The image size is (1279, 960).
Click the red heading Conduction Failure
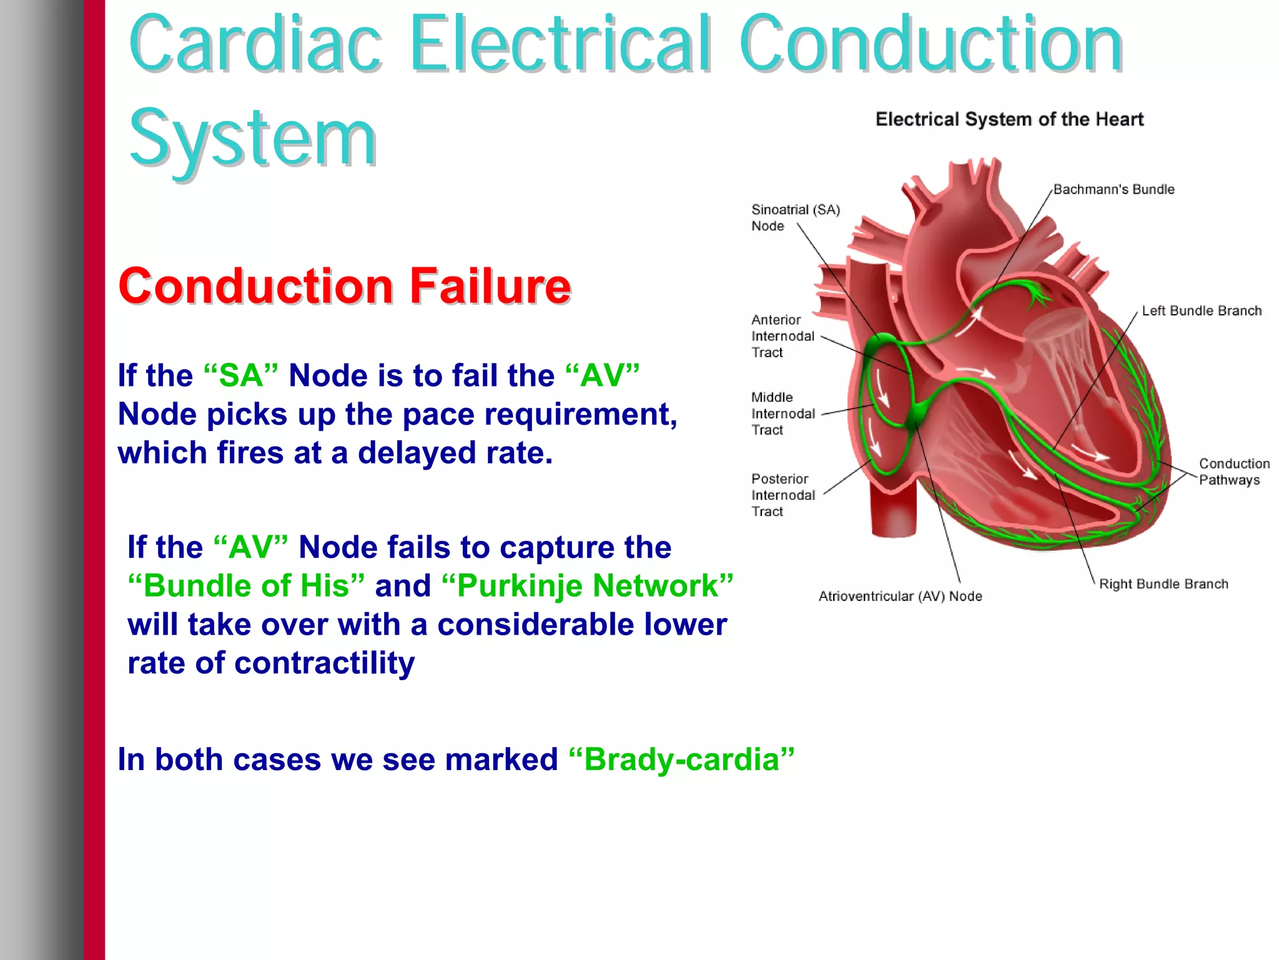pyautogui.click(x=344, y=286)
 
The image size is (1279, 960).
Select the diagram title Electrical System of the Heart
pyautogui.click(x=1009, y=119)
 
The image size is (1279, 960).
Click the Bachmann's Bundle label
pyautogui.click(x=1114, y=189)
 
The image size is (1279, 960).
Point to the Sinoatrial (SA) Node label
pyautogui.click(x=795, y=217)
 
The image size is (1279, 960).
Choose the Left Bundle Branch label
pyautogui.click(x=1202, y=310)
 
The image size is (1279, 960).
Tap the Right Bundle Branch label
pyautogui.click(x=1163, y=584)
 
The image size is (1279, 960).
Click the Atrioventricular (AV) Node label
pyautogui.click(x=900, y=596)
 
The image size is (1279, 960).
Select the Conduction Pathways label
pyautogui.click(x=1233, y=472)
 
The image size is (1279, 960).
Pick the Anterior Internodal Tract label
pyautogui.click(x=783, y=336)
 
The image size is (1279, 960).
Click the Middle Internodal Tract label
pyautogui.click(x=783, y=413)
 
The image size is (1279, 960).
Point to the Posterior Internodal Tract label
pyautogui.click(x=783, y=495)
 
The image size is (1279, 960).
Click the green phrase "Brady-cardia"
pyautogui.click(x=681, y=760)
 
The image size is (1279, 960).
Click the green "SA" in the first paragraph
pyautogui.click(x=241, y=376)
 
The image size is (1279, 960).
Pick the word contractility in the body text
pyautogui.click(x=324, y=663)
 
